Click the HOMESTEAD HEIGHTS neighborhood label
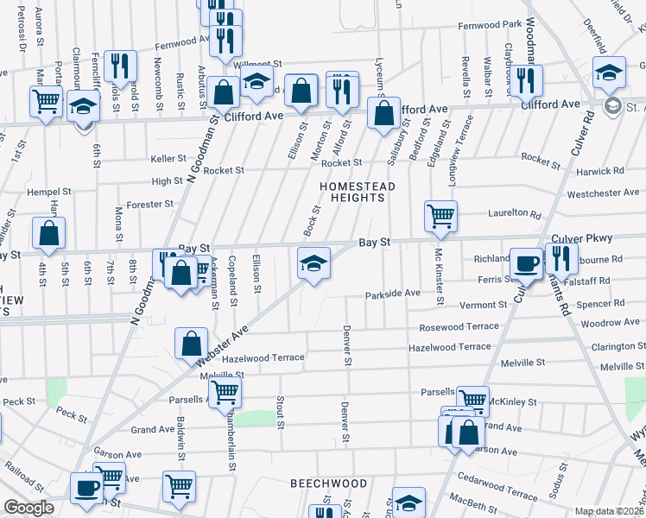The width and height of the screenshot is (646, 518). (357, 192)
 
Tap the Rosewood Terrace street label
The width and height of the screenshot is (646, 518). (459, 326)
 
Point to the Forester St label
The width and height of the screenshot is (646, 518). (150, 205)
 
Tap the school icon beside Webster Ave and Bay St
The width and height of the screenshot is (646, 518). (313, 262)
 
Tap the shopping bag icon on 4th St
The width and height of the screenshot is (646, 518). (49, 232)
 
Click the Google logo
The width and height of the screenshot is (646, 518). (28, 509)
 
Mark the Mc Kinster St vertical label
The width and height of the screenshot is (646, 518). (439, 277)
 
